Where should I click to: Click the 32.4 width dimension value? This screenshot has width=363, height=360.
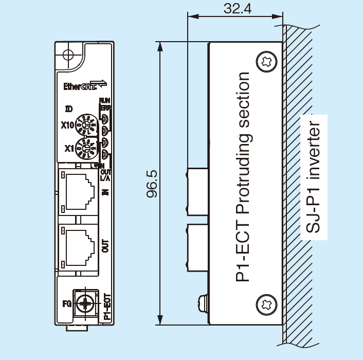(238, 8)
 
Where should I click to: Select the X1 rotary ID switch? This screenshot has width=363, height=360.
(85, 148)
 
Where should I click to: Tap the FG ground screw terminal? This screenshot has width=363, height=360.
(86, 303)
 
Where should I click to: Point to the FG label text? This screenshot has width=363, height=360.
(67, 303)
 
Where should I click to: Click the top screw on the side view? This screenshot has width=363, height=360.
(266, 61)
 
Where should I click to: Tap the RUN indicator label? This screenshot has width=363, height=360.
(104, 100)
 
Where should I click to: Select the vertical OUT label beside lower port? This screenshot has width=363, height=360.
(106, 246)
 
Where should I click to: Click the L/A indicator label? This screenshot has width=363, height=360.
(105, 178)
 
